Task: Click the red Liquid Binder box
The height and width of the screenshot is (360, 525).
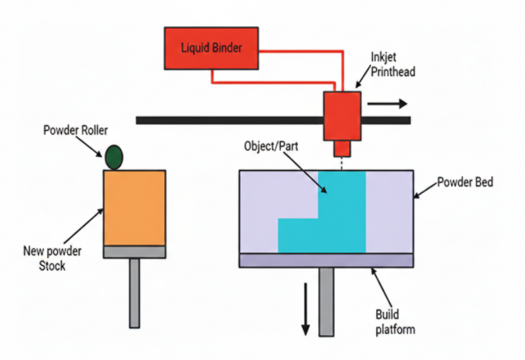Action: [x=212, y=48]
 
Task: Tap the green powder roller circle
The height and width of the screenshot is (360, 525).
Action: [x=113, y=157]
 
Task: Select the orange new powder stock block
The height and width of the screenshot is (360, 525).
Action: [x=134, y=207]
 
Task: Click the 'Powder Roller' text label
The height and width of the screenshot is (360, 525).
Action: [x=75, y=130]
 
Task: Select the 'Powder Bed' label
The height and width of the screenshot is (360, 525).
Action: [x=465, y=183]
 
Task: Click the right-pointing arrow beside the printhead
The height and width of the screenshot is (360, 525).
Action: [x=387, y=104]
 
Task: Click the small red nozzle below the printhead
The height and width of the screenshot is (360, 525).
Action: [x=342, y=149]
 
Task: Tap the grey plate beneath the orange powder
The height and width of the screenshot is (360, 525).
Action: [x=134, y=252]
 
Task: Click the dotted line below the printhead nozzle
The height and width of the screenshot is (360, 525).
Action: [x=342, y=163]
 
